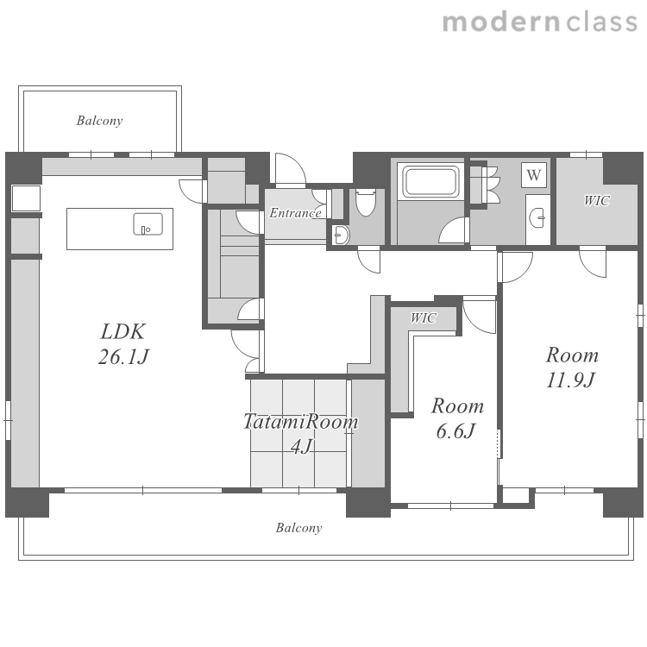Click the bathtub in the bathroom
click(x=431, y=181)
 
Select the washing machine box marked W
click(x=534, y=175)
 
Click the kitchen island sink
click(x=148, y=224)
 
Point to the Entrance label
click(x=295, y=213)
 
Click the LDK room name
click(x=123, y=331)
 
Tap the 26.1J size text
click(x=123, y=356)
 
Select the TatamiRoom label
click(x=301, y=421)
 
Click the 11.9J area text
click(x=571, y=380)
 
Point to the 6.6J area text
click(x=456, y=431)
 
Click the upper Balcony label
click(x=99, y=121)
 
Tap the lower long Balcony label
click(x=298, y=528)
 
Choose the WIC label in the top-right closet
click(x=597, y=200)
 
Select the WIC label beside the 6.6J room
click(x=424, y=317)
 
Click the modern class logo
click(x=540, y=22)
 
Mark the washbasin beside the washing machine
click(x=538, y=217)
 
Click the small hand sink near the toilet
click(x=341, y=236)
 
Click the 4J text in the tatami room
click(x=302, y=446)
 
